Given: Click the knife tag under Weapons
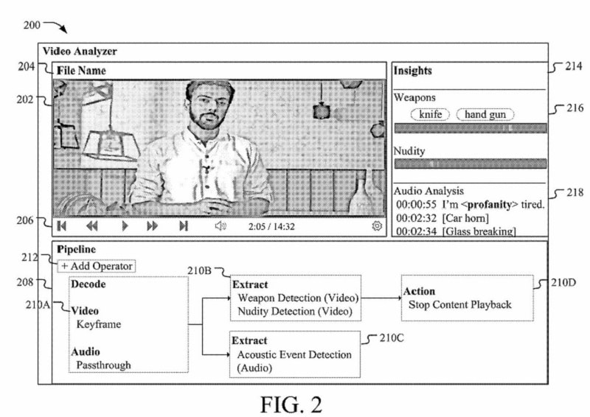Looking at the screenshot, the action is (x=430, y=114).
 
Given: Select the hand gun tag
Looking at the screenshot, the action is (x=485, y=114).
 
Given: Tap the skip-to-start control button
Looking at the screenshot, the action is (x=62, y=226).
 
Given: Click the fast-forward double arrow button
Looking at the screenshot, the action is (x=153, y=226).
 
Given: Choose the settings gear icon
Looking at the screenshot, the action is (x=377, y=225).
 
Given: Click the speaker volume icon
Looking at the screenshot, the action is (x=221, y=225).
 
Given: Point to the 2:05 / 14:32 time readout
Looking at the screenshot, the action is (x=271, y=227).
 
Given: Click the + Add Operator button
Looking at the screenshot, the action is (x=97, y=266).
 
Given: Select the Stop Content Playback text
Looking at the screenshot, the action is (x=459, y=304).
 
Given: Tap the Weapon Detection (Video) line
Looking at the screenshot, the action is (x=298, y=298).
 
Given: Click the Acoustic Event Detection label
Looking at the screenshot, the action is (x=294, y=354).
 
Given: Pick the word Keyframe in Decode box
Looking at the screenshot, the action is (x=99, y=324).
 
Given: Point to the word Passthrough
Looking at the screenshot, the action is (x=103, y=365).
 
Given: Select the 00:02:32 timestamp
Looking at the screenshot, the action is (x=416, y=218).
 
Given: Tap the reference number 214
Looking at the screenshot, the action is (x=574, y=66).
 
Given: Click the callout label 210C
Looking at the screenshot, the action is (x=392, y=338).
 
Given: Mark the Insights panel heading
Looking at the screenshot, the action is (x=412, y=71).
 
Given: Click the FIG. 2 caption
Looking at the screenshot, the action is (x=291, y=404).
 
